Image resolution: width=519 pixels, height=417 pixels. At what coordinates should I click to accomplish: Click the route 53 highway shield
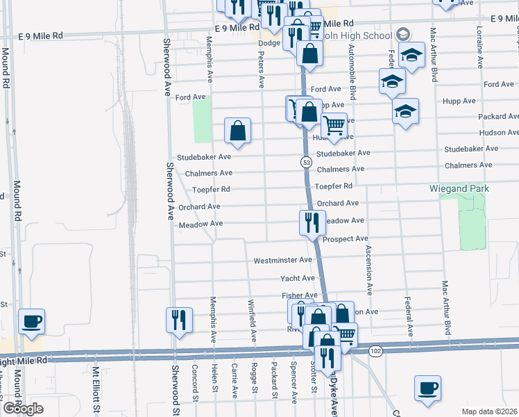(x=306, y=162)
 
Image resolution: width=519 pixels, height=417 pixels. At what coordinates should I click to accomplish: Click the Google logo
(x=23, y=408)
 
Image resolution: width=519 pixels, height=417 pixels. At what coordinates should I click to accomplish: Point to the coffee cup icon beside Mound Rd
(x=31, y=322)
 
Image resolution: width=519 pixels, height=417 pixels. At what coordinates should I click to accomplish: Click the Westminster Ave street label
(x=282, y=260)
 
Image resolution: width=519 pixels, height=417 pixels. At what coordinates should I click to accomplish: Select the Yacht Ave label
(x=298, y=278)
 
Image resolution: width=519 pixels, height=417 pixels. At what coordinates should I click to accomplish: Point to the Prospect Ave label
(x=345, y=238)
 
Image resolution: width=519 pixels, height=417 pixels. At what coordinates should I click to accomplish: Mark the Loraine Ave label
(x=479, y=48)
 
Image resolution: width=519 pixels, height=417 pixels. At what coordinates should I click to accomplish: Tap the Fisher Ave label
(x=299, y=295)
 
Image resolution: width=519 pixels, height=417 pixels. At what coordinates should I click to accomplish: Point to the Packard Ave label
(x=498, y=117)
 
